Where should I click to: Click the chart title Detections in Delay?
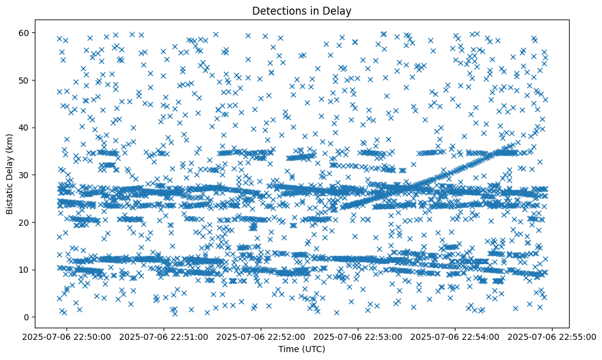click(x=302, y=10)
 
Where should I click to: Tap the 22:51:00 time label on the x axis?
click(x=164, y=336)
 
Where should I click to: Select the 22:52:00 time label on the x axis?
click(x=261, y=336)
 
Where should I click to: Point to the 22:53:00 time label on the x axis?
click(x=358, y=336)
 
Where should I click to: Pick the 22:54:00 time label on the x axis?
click(x=455, y=336)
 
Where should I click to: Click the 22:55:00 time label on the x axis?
click(x=553, y=336)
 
